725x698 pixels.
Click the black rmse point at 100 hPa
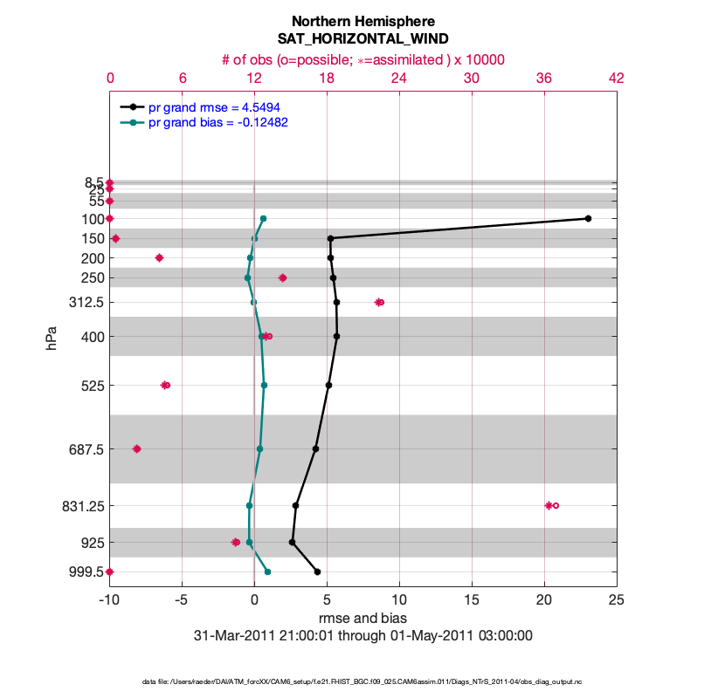tap(588, 218)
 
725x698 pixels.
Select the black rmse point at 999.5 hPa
tap(317, 571)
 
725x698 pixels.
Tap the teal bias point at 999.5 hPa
tap(267, 571)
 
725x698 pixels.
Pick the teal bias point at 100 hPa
tap(263, 218)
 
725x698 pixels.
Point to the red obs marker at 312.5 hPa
tap(379, 302)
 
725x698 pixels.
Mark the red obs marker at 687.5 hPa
tap(136, 448)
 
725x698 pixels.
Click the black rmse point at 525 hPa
tap(328, 385)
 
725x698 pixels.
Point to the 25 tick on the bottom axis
tap(617, 599)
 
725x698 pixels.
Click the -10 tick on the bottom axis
tap(109, 599)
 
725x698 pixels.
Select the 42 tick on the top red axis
tap(617, 78)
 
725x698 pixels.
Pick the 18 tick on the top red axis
tap(327, 78)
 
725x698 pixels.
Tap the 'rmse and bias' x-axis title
tap(362, 618)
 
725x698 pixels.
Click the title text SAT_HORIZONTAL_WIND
tap(362, 39)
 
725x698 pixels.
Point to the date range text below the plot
tap(362, 636)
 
